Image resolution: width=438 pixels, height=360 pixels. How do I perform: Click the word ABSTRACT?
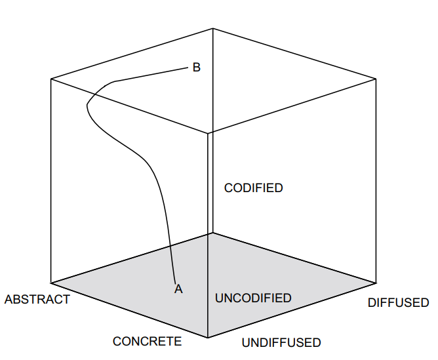click(37, 300)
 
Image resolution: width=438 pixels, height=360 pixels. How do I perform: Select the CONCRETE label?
click(147, 341)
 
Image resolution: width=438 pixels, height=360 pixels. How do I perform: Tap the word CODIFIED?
click(253, 188)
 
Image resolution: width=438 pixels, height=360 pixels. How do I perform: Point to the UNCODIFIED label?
click(253, 298)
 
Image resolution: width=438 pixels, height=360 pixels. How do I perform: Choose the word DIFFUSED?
click(398, 303)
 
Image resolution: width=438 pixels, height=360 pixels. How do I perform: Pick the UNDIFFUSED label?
click(281, 342)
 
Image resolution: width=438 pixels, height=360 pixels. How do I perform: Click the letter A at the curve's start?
click(178, 288)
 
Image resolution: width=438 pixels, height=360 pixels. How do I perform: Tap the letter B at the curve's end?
click(196, 67)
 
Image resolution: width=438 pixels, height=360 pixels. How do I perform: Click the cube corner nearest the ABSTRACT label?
click(51, 283)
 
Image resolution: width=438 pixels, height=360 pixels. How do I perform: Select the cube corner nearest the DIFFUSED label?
click(376, 283)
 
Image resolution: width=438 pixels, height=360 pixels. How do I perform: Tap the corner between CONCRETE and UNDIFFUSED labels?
click(208, 338)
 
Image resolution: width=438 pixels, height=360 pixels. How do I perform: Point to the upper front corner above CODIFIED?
click(208, 133)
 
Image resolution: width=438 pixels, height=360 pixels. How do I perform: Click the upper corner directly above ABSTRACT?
click(51, 79)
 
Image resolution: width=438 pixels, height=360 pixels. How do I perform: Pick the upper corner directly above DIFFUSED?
click(376, 79)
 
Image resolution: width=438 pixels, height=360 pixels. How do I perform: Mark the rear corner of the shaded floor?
click(211, 233)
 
